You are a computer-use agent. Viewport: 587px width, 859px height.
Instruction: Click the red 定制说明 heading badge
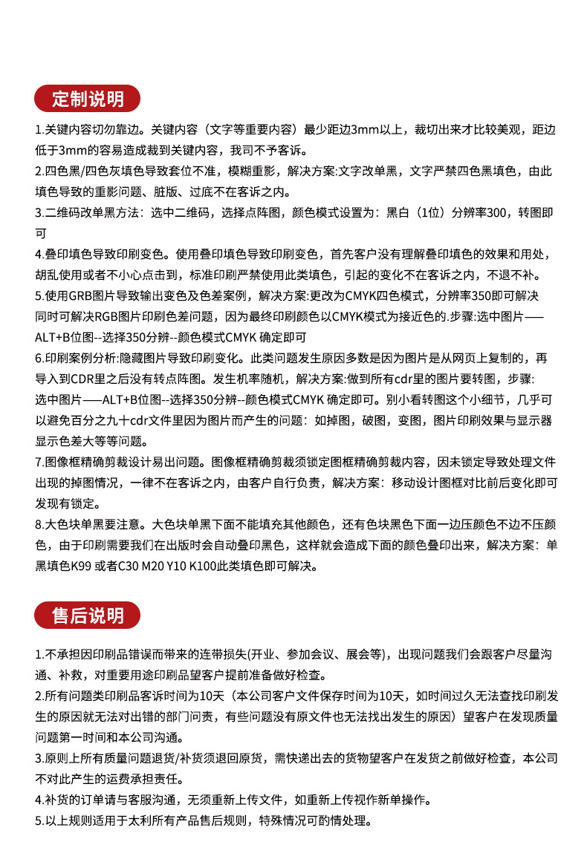tap(88, 98)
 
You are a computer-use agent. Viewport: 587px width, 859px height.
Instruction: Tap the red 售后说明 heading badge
tap(88, 615)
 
